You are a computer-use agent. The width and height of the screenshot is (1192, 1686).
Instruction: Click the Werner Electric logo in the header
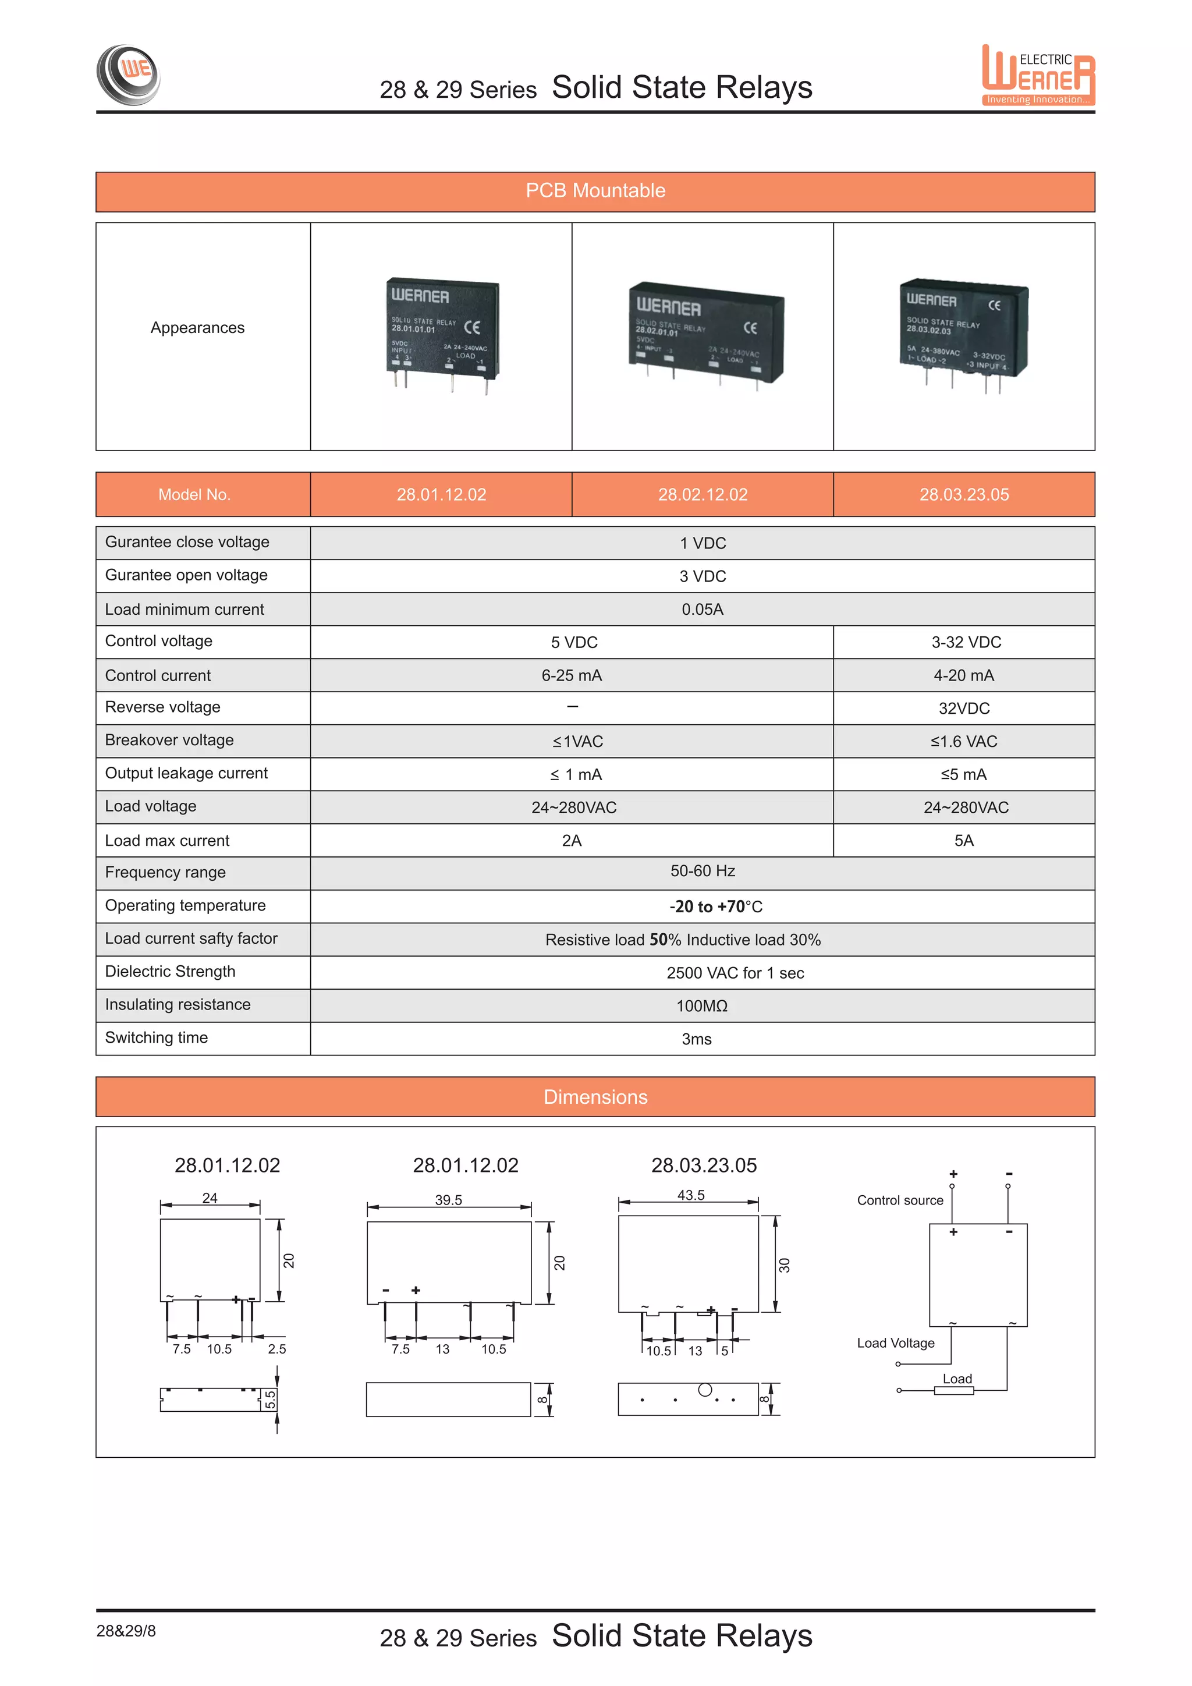pyautogui.click(x=1038, y=76)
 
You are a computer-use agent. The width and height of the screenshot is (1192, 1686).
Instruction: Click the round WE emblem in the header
pyautogui.click(x=129, y=74)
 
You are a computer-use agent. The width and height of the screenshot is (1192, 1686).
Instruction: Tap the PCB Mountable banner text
pyautogui.click(x=595, y=191)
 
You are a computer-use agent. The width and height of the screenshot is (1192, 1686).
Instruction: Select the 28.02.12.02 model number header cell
pyautogui.click(x=703, y=495)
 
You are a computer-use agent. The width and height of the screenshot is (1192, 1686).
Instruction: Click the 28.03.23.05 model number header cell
pyautogui.click(x=964, y=495)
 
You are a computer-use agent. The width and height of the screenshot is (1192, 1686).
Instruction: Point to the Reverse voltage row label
pyautogui.click(x=163, y=707)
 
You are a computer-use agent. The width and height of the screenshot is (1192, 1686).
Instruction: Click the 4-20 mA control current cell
pyautogui.click(x=964, y=675)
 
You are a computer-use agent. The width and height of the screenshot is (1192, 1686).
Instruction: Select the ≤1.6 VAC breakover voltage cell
pyautogui.click(x=964, y=742)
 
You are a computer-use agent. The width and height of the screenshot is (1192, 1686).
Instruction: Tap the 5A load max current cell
pyautogui.click(x=964, y=841)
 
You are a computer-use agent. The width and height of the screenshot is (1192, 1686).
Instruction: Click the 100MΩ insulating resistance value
pyautogui.click(x=702, y=1006)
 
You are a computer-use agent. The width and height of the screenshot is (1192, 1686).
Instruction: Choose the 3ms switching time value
pyautogui.click(x=697, y=1039)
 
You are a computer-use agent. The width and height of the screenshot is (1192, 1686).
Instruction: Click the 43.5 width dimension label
pyautogui.click(x=691, y=1195)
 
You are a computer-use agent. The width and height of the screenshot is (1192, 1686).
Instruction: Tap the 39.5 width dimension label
pyautogui.click(x=449, y=1200)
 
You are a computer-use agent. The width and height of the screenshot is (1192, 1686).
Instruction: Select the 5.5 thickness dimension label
pyautogui.click(x=270, y=1400)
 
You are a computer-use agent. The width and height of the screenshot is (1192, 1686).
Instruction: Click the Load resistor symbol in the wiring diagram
pyautogui.click(x=953, y=1390)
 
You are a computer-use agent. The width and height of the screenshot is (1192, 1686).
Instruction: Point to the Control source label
pyautogui.click(x=900, y=1200)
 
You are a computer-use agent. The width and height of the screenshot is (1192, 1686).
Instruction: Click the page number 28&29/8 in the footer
pyautogui.click(x=126, y=1631)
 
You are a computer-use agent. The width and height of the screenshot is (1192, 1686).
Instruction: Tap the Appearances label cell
pyautogui.click(x=197, y=328)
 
